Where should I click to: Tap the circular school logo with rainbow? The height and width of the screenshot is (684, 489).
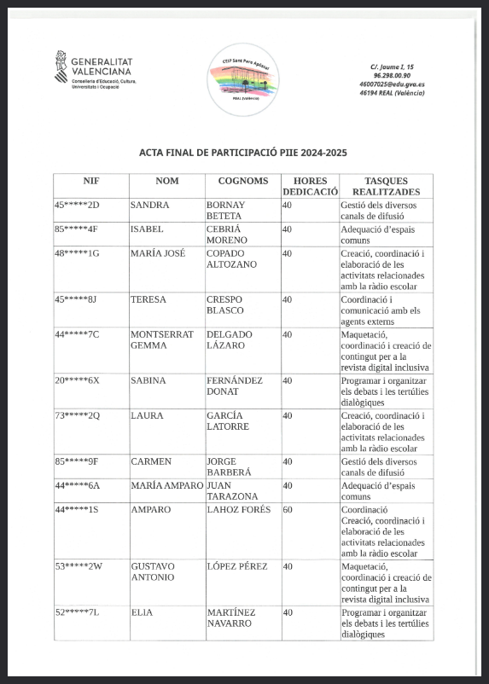click(x=243, y=78)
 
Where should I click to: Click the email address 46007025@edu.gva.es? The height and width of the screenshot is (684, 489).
click(x=393, y=84)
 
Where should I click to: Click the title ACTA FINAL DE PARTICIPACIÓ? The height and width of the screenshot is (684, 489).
click(x=243, y=153)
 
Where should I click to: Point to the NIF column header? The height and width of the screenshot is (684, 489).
click(x=91, y=181)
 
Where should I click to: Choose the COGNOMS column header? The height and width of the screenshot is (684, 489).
click(x=243, y=181)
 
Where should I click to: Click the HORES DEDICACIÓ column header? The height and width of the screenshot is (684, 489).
click(x=311, y=186)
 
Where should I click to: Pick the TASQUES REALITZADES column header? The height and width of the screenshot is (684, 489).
click(x=386, y=186)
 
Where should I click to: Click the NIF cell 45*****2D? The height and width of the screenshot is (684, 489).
click(x=78, y=206)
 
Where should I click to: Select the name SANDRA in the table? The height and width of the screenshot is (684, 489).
click(x=149, y=206)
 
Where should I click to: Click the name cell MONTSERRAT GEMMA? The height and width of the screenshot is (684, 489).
click(x=161, y=339)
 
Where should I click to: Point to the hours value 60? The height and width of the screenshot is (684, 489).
click(x=288, y=509)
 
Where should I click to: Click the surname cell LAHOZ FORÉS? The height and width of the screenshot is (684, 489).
click(x=238, y=509)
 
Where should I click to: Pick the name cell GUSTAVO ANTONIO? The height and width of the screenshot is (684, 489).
click(x=154, y=571)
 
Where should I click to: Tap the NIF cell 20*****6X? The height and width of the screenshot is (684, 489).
click(x=78, y=380)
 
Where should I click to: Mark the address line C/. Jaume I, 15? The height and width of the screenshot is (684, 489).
click(x=392, y=67)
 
